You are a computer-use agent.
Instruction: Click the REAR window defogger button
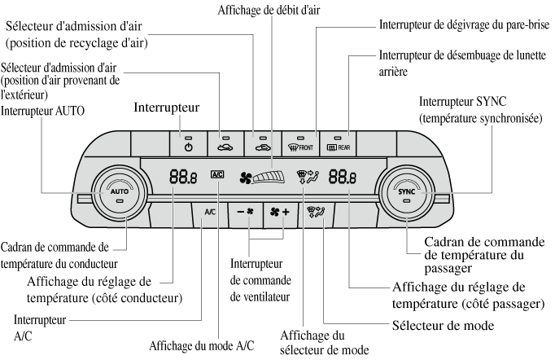[337, 143]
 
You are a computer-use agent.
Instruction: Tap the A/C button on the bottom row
[209, 213]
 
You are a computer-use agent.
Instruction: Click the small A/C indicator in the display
[216, 173]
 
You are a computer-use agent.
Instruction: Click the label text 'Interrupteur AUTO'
[43, 110]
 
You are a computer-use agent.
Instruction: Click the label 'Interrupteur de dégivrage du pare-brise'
[463, 24]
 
